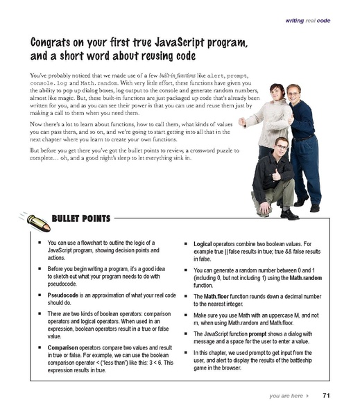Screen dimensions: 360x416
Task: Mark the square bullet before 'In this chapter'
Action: click(189, 353)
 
